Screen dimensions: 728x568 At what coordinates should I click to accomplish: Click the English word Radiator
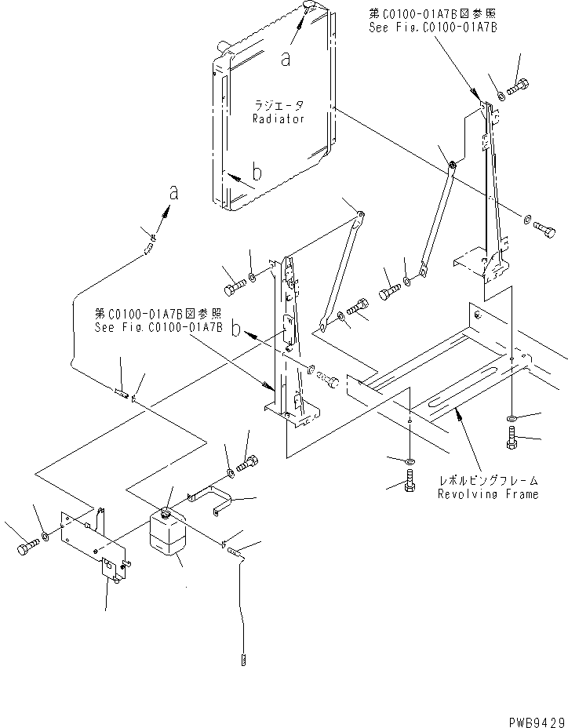click(x=278, y=118)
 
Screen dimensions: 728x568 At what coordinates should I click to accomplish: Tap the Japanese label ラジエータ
click(x=278, y=105)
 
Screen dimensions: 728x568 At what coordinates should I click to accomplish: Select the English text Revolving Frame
click(x=489, y=495)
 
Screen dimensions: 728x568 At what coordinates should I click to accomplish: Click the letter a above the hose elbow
click(x=173, y=192)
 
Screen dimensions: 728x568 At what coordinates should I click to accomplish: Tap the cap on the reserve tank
click(x=166, y=512)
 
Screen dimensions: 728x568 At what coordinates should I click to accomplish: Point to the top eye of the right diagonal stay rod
click(x=453, y=165)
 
